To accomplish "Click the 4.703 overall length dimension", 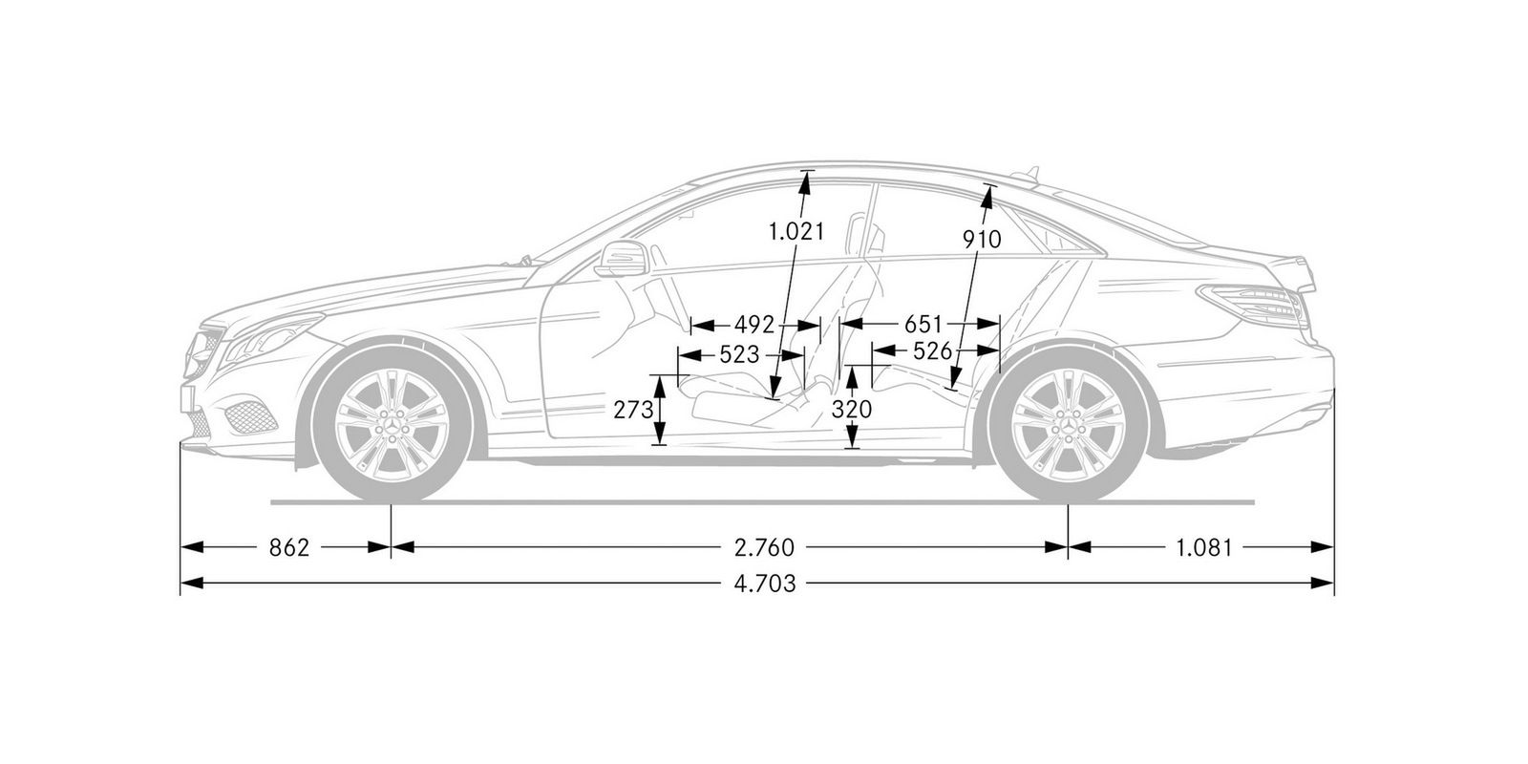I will tap(764, 583).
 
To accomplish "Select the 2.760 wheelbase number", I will tap(764, 547).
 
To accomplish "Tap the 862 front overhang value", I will tap(289, 547).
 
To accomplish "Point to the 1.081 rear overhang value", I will tap(1204, 547).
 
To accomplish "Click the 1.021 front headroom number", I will tap(796, 232).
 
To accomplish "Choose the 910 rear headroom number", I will tap(982, 239).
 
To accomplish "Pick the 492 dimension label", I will tap(754, 324).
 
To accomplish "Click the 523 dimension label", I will tap(739, 355).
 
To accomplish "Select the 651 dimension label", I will tap(923, 324).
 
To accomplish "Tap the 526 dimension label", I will tap(932, 350).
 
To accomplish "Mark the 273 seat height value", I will tap(633, 410).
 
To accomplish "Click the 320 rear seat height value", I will tap(852, 410).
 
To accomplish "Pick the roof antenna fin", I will tap(1027, 173).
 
